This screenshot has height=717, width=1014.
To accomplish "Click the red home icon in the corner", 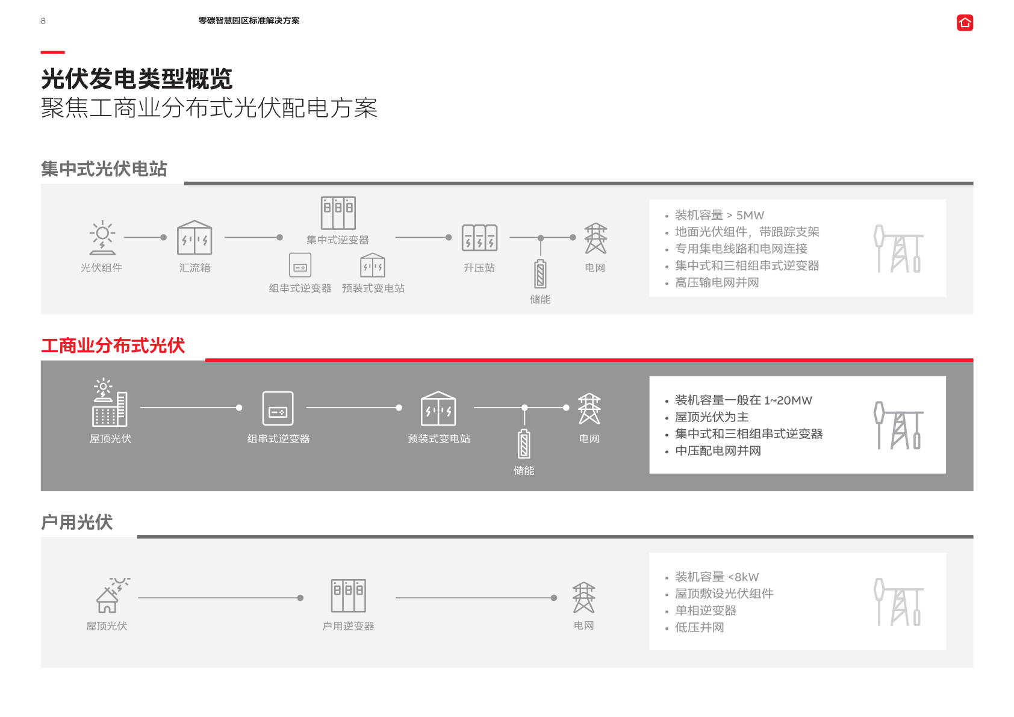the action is (x=965, y=23).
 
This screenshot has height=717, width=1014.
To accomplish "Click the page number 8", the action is (x=43, y=21).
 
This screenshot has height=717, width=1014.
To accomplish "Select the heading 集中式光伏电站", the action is (x=104, y=169).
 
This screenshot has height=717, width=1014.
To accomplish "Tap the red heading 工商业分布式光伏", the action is (x=113, y=346).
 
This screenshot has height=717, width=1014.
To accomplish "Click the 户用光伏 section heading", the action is (x=77, y=522).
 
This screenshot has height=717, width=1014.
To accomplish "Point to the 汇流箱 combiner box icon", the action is (x=194, y=238).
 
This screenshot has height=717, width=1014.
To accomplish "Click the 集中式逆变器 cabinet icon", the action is (x=338, y=213).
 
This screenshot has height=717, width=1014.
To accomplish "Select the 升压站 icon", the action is (x=479, y=238).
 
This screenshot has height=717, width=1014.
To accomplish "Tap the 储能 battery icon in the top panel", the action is (x=540, y=274).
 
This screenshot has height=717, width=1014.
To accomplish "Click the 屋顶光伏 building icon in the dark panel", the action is (x=110, y=402).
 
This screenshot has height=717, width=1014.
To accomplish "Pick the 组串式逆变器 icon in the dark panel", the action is (x=278, y=408).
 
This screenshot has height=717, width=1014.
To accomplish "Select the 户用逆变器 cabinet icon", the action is (x=348, y=595).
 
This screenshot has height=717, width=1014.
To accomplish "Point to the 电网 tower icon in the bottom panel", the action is (x=584, y=597).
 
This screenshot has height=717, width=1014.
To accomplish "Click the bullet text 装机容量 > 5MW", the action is (x=720, y=215).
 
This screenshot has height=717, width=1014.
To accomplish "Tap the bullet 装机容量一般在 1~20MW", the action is (x=743, y=400).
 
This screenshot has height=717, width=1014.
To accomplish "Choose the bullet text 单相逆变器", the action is (x=706, y=610).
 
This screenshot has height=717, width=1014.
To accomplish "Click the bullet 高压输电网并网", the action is (x=717, y=282).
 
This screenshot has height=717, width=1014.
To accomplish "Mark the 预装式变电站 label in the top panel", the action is (x=373, y=288).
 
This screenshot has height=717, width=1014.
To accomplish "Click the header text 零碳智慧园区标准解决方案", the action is (x=249, y=21).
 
